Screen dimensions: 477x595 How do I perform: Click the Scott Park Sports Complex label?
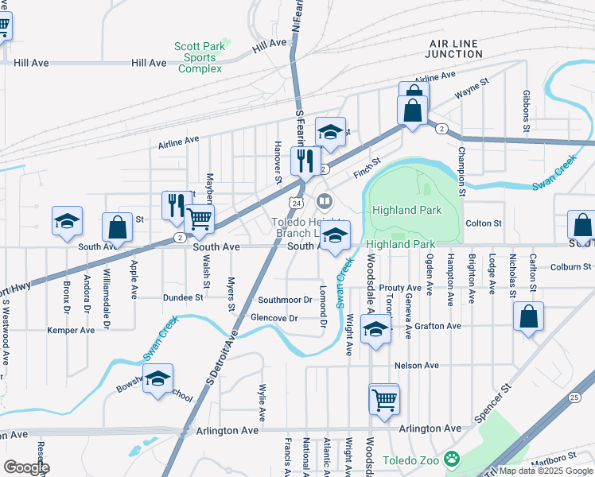tap(200, 57)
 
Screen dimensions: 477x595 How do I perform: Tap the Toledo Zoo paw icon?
tap(453, 460)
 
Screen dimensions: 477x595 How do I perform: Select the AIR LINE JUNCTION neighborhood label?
tap(454, 48)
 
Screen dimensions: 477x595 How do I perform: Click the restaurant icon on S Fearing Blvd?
tap(305, 161)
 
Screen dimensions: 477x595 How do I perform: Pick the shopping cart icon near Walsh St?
tap(199, 218)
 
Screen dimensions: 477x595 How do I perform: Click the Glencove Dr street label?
tap(274, 318)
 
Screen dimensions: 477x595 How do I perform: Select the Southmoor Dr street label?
tap(285, 300)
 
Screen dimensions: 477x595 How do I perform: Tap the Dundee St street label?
tap(183, 297)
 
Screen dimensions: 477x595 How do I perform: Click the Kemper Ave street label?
tap(71, 330)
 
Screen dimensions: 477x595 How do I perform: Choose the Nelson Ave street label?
tap(417, 365)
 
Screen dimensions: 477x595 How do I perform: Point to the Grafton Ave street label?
tap(437, 326)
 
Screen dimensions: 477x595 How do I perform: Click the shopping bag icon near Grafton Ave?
tap(528, 317)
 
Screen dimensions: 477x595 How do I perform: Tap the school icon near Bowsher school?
tap(158, 381)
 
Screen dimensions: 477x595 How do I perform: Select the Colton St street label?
tap(484, 224)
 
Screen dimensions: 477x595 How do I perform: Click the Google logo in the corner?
tap(25, 467)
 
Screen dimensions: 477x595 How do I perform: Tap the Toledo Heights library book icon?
tap(324, 200)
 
